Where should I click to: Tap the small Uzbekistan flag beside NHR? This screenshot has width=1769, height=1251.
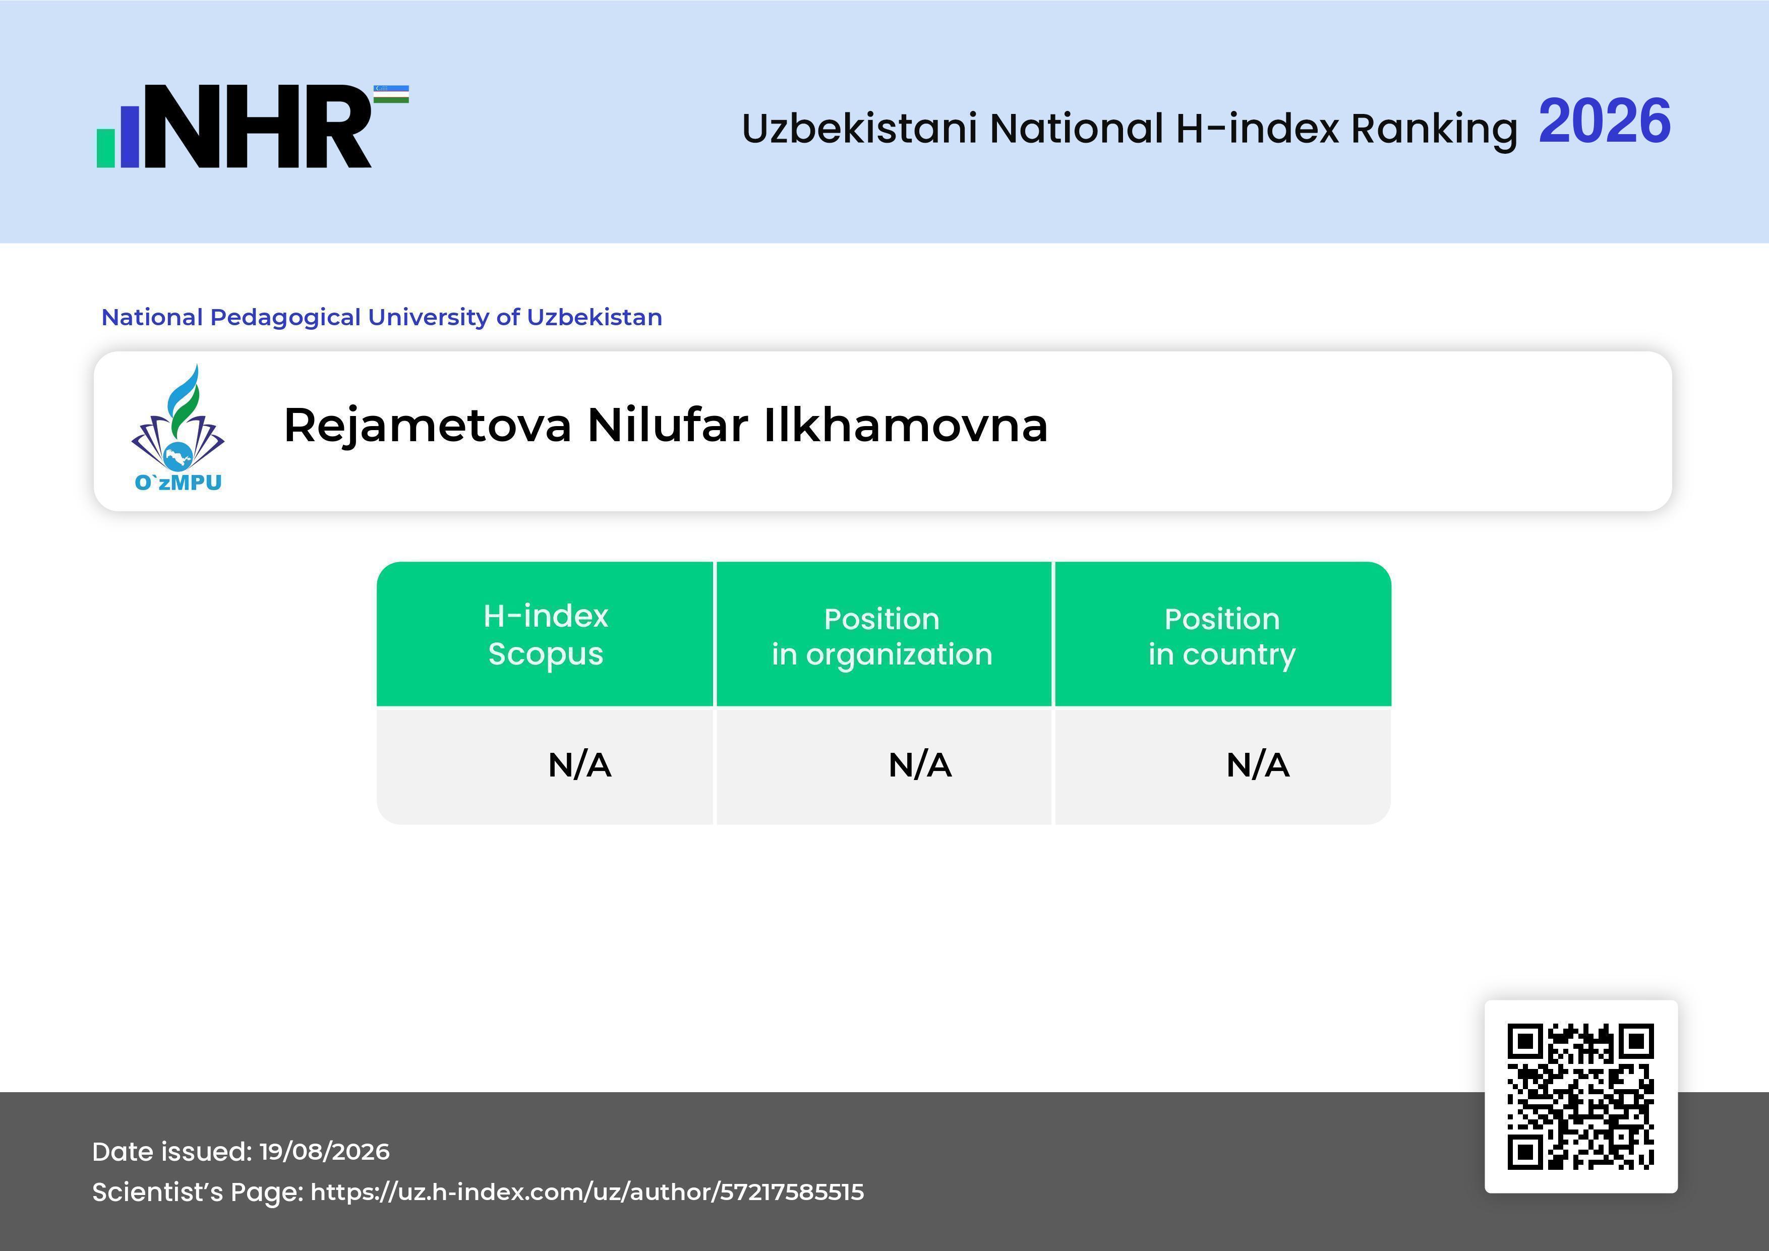(391, 94)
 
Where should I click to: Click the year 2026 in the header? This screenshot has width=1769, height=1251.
(1605, 122)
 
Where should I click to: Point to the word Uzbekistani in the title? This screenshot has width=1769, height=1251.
(860, 128)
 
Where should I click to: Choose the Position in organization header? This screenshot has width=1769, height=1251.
(882, 636)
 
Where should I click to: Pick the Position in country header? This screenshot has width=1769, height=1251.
(1222, 636)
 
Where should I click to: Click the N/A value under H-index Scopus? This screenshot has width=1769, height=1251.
(579, 765)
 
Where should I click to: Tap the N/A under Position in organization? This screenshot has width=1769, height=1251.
(920, 765)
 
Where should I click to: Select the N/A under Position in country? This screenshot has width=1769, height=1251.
(1257, 765)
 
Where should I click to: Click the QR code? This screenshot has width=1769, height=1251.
(1581, 1096)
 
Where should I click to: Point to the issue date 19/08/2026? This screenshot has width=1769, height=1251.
(324, 1152)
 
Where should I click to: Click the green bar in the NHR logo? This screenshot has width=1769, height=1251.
(105, 148)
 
